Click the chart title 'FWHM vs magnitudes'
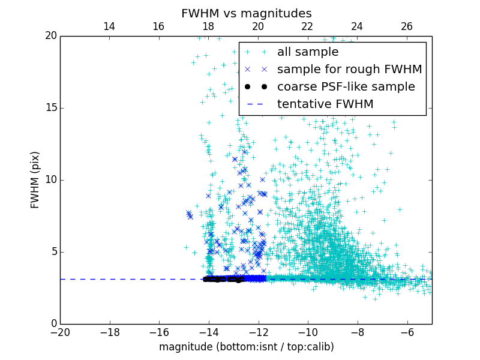click(246, 13)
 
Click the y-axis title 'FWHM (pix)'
click(35, 179)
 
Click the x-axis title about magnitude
click(246, 347)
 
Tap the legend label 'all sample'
click(307, 52)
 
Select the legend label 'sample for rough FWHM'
click(349, 70)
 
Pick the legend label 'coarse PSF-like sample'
click(346, 87)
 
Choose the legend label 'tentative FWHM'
click(325, 104)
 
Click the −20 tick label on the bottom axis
click(60, 332)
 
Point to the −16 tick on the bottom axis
click(159, 332)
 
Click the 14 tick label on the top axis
click(109, 26)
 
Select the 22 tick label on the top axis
click(308, 26)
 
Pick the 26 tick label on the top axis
click(407, 26)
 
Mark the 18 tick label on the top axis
click(209, 26)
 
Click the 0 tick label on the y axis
click(52, 324)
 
